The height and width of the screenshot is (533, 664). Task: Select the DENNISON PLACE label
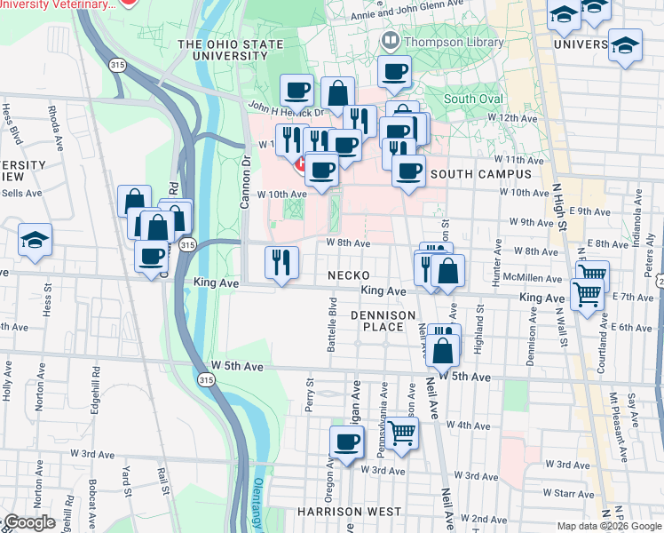point(383,321)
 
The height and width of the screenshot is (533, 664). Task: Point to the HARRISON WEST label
point(349,512)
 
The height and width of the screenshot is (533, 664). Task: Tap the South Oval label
point(473,99)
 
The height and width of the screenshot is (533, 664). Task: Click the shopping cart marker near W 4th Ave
point(402,434)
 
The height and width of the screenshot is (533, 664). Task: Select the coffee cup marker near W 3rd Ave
point(347,442)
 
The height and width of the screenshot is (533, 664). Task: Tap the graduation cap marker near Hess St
point(35,240)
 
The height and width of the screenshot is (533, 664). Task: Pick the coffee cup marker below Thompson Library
point(394,72)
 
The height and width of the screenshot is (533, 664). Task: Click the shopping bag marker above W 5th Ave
point(443,352)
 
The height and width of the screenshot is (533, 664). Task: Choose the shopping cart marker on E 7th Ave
point(587,294)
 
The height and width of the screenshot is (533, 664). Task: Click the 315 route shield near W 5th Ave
point(206,380)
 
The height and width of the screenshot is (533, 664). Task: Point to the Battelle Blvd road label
point(332,330)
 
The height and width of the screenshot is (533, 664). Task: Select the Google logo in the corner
point(30,522)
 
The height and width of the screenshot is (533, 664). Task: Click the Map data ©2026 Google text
point(609,526)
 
